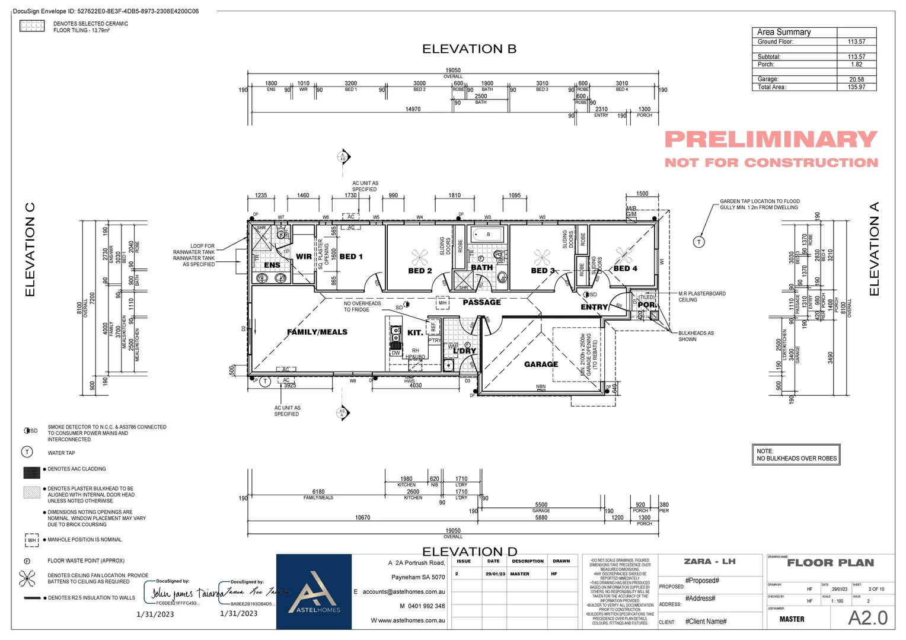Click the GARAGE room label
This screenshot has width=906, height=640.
541,364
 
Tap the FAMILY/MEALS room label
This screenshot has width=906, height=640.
317,332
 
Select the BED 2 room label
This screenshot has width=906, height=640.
420,271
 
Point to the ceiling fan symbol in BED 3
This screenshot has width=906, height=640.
542,257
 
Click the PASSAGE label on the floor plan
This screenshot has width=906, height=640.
481,302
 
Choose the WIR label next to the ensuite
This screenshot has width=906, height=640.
304,257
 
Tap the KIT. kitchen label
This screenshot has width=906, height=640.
415,332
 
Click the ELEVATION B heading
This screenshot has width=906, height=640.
469,49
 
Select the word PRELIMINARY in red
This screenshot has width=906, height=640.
770,140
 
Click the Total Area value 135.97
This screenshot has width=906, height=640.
856,87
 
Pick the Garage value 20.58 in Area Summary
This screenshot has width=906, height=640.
856,79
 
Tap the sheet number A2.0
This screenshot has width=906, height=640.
867,618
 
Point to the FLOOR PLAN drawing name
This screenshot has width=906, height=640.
830,563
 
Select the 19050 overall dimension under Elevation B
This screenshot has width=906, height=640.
453,71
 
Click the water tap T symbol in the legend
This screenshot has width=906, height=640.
27,452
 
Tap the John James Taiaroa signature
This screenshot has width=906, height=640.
185,593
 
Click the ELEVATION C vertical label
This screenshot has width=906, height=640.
30,249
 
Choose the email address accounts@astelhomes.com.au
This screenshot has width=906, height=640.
403,591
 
